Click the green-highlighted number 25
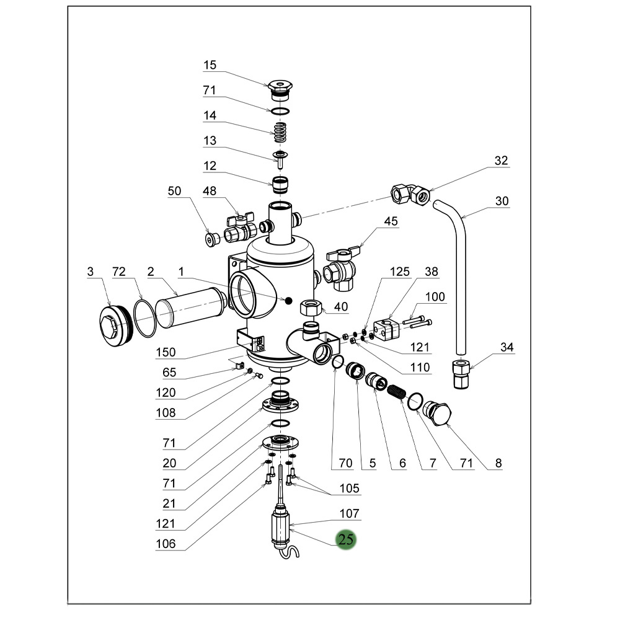346,539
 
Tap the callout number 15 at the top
210,64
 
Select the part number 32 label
501,161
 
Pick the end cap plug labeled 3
113,324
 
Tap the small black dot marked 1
287,301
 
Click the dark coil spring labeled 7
395,392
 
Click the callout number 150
166,353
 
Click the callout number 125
400,272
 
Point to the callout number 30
502,200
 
